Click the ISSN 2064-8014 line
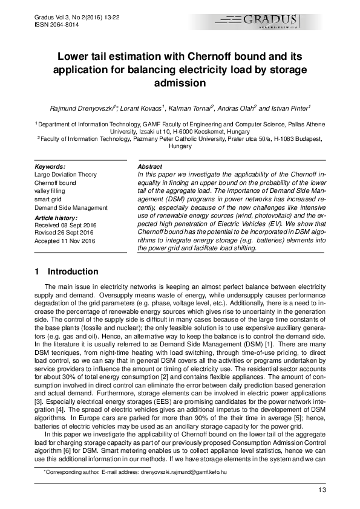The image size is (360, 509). (49, 25)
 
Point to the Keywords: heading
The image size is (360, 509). (50, 166)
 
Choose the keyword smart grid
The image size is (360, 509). (48, 199)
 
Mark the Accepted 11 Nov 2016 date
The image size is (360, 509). (65, 241)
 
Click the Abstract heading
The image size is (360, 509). (150, 166)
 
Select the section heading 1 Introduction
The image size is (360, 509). (67, 271)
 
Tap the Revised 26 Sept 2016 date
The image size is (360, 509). (64, 233)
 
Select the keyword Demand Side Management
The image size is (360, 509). (71, 207)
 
